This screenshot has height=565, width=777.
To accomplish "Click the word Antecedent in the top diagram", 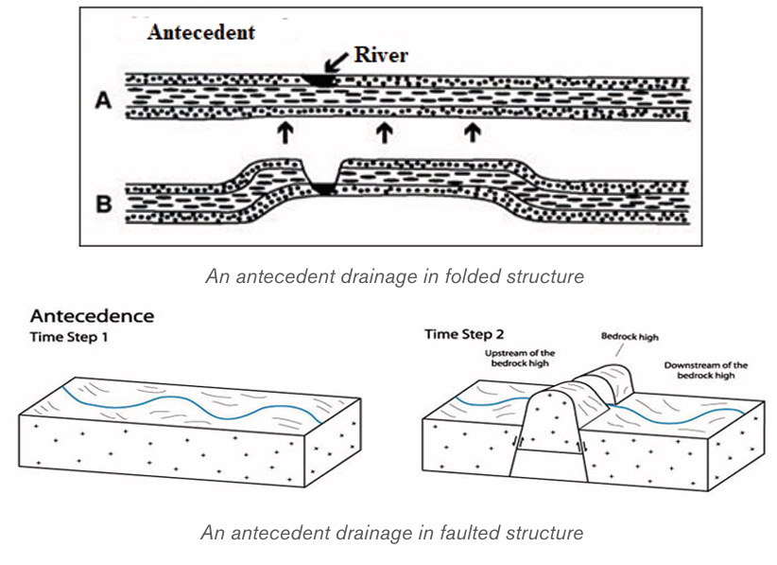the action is point(201,32).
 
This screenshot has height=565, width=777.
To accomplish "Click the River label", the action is point(381,55).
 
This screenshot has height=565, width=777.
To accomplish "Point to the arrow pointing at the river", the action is point(337,62).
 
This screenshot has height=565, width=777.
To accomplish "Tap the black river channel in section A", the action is point(320,79).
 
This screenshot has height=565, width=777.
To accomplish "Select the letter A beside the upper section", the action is point(103,100).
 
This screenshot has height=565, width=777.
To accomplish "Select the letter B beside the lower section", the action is point(104,203).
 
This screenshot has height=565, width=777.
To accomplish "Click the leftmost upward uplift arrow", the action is point(285,132).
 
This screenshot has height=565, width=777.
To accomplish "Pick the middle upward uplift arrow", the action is point(385,132).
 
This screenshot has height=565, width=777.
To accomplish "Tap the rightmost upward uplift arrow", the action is point(473,132).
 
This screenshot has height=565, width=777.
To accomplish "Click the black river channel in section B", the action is point(323,188).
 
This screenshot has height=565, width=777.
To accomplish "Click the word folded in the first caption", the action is point(469,276).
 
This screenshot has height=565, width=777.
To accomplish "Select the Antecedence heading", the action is point(93,316).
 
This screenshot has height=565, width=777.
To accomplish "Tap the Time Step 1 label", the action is point(69,337).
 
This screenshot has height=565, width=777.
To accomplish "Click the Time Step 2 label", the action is point(464,335).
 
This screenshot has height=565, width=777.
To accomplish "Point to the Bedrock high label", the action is point(630,337).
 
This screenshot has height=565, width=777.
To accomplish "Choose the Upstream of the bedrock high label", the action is point(520,358).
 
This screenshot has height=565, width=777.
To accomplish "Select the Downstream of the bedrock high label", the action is point(706,370).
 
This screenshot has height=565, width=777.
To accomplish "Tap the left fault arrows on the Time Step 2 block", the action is point(519,441).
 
